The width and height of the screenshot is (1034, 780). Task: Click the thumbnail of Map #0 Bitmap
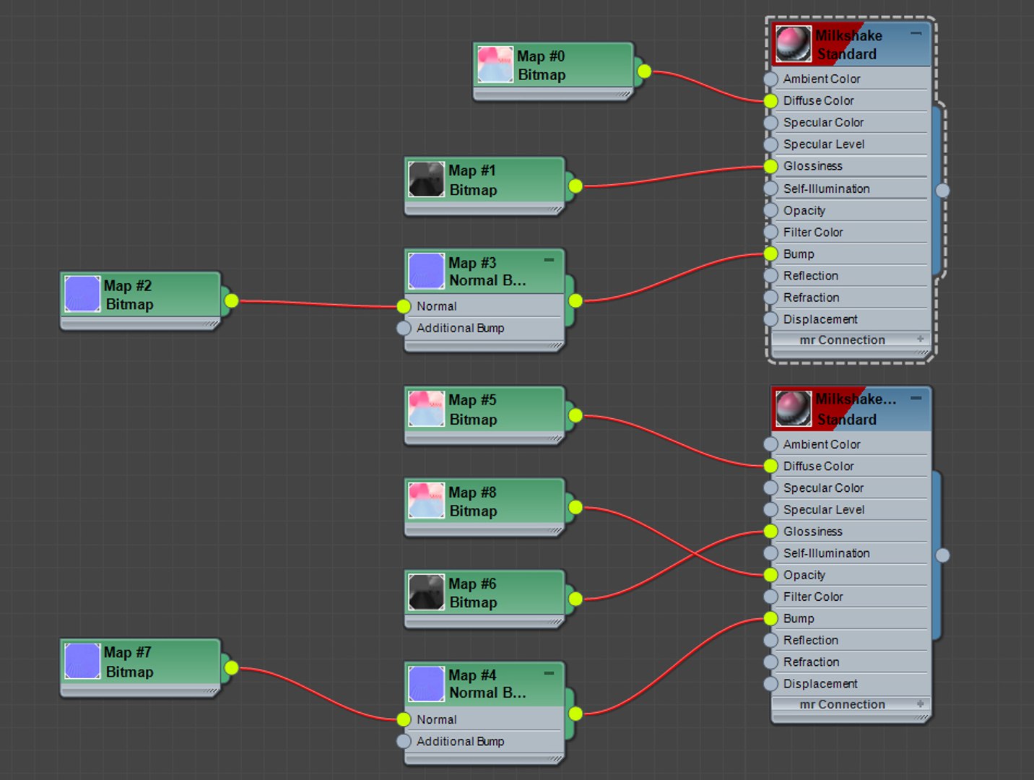495,65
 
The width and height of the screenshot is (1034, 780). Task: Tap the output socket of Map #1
575,186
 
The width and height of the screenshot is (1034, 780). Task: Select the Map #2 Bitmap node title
129,295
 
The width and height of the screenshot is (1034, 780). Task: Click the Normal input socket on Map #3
404,306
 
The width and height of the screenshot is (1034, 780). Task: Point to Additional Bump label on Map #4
460,741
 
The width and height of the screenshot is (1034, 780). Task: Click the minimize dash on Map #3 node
549,260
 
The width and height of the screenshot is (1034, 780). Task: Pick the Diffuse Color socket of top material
771,101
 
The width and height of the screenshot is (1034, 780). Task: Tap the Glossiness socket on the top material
771,166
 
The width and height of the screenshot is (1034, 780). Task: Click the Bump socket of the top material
771,253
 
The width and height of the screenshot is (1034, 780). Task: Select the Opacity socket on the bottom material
771,575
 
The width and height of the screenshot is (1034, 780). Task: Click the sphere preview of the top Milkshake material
793,45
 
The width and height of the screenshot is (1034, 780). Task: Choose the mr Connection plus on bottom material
920,703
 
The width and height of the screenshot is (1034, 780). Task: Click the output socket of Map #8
575,507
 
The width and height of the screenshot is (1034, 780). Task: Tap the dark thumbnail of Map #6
426,592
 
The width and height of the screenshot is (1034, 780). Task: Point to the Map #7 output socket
231,667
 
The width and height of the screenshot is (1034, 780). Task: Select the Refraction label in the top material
811,298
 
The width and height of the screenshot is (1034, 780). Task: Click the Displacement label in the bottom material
820,683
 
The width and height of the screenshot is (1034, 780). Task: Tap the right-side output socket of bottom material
942,555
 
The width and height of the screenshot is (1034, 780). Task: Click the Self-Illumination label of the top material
826,188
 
